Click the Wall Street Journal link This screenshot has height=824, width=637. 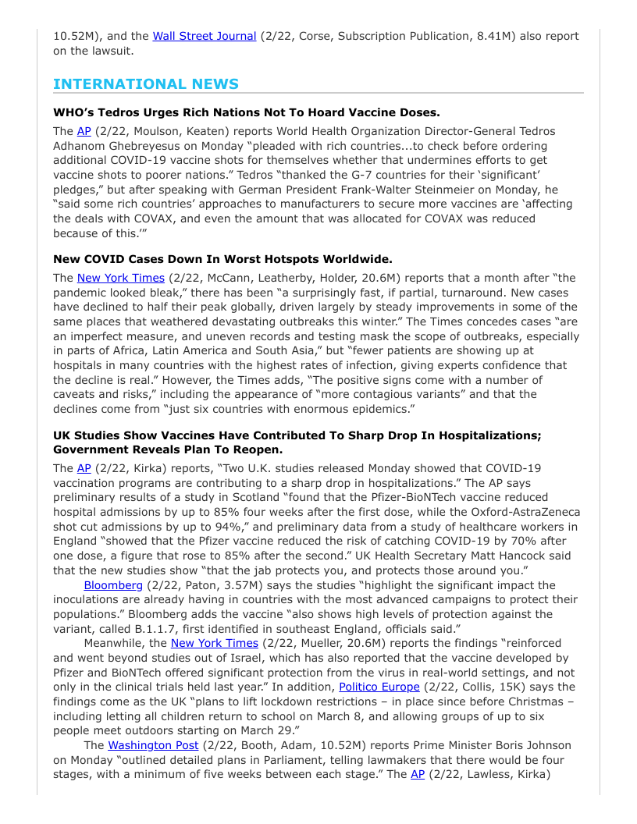pos(204,36)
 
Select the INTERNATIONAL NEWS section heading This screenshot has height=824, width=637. pos(146,84)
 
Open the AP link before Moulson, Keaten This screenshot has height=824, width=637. pos(84,131)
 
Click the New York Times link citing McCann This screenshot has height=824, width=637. pos(121,278)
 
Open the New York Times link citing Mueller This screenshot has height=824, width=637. pos(214,643)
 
